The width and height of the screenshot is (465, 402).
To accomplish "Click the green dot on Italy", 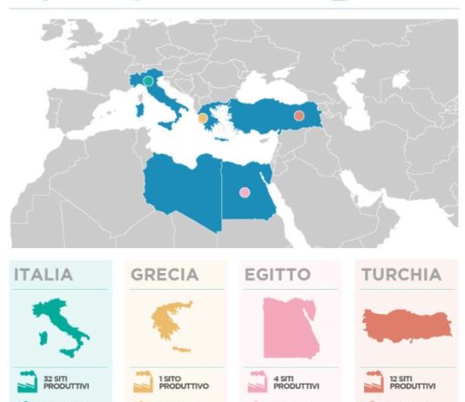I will tap(148, 81).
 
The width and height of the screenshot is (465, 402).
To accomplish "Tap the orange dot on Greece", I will tap(203, 117).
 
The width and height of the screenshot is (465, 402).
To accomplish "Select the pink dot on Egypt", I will tap(245, 192).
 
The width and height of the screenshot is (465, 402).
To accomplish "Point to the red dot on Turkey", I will tap(299, 115).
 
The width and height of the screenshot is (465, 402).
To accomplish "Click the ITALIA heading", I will tap(44, 275).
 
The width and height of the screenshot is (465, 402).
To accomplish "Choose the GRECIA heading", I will tap(165, 275).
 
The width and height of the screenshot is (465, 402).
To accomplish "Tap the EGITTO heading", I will tap(276, 275).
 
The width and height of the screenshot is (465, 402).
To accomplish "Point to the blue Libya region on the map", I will tap(183, 187).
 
